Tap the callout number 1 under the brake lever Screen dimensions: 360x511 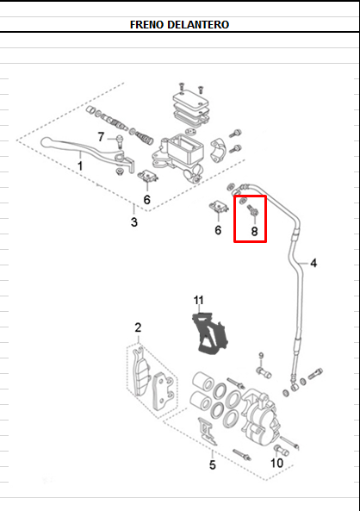coord(80,165)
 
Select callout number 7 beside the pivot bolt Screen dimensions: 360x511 coord(101,137)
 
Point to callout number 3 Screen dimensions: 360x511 coord(134,222)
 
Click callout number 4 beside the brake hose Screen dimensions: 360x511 coord(313,263)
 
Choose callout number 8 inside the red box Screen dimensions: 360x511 coord(254,232)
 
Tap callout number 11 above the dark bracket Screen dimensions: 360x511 coord(198,300)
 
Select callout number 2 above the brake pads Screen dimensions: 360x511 coord(138,327)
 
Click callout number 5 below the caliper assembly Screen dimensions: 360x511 coord(213,464)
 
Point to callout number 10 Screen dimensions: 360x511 coord(277,463)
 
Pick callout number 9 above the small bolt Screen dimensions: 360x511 coord(261,356)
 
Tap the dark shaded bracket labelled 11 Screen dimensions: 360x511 coord(209,333)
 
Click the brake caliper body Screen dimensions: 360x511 coord(261,417)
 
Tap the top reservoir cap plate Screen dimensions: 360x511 coord(190,99)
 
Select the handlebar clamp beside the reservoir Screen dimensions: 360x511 coord(217,150)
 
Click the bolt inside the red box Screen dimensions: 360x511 coord(253,209)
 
